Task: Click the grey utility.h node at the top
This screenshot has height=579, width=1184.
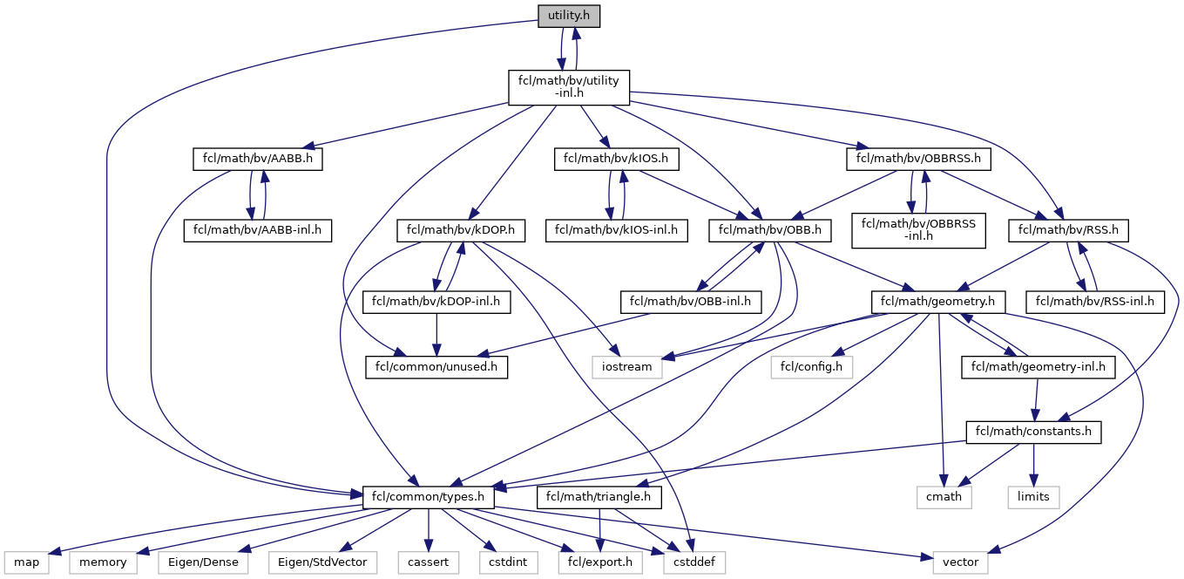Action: coord(569,16)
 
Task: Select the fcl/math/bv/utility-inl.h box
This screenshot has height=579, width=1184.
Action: coord(569,87)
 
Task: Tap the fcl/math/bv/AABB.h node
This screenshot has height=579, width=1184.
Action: coord(257,159)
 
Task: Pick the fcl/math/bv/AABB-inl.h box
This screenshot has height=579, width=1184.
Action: coord(257,231)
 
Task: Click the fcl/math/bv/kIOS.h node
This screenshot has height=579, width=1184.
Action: coord(616,159)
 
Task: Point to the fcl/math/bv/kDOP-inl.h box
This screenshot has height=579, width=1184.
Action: coord(436,303)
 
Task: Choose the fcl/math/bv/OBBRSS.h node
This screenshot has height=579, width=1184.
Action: coord(918,159)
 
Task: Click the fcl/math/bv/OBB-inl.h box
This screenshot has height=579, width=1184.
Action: coord(690,303)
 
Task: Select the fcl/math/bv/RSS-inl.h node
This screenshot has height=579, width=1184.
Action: coord(1094,303)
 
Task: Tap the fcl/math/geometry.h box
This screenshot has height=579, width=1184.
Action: coord(937,303)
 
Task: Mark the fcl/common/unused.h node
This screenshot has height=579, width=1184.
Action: coord(436,367)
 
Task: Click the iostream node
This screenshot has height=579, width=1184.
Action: coord(627,367)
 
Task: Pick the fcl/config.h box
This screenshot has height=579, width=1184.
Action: coord(812,367)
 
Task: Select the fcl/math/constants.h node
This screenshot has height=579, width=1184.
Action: coord(1033,432)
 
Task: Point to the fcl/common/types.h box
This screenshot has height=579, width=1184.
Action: coord(428,498)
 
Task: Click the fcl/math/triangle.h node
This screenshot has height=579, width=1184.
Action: coord(599,498)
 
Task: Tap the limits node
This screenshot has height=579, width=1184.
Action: coord(1033,498)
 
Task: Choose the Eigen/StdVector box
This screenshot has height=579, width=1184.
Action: coord(322,562)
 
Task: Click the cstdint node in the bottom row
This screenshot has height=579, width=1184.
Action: coord(508,562)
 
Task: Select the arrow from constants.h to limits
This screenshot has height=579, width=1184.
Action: coord(1033,465)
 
